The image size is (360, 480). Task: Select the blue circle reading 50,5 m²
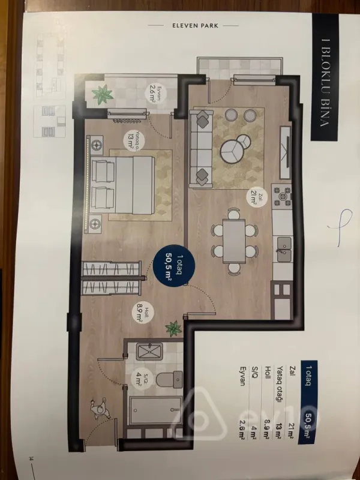point(167,265)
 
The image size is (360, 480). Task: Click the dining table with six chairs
point(234,240)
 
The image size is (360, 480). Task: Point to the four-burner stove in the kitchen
point(281,196)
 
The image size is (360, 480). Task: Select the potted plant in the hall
point(173,328)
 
